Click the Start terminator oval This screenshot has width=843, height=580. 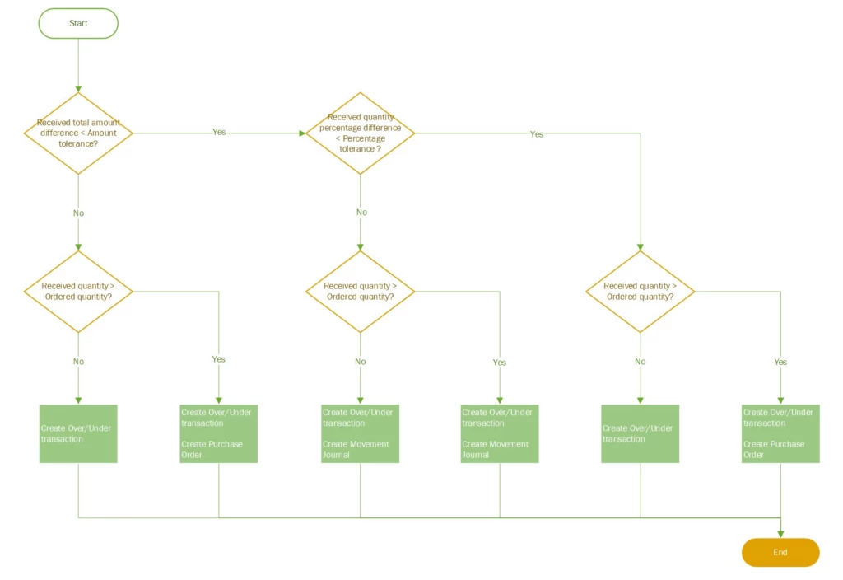78,23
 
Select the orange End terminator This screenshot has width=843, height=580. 780,552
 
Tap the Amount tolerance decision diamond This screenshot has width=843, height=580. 78,133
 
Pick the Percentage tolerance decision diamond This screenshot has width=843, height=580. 360,133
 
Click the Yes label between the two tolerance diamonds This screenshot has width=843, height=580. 219,132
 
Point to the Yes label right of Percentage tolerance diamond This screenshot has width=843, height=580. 537,134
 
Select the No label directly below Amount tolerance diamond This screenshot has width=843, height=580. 78,213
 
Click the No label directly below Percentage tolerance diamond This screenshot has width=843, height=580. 361,213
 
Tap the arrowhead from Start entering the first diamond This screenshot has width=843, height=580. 78,88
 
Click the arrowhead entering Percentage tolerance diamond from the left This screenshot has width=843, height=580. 301,133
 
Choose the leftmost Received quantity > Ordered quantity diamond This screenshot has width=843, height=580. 78,292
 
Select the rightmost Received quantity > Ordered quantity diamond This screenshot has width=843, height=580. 640,292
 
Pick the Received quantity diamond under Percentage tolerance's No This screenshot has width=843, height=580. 360,292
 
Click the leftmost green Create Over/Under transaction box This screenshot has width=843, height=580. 78,433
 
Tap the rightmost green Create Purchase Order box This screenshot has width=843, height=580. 780,433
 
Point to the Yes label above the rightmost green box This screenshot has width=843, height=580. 780,362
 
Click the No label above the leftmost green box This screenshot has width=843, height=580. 78,362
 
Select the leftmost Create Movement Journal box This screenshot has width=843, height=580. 360,433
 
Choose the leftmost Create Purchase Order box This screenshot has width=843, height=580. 218,433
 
